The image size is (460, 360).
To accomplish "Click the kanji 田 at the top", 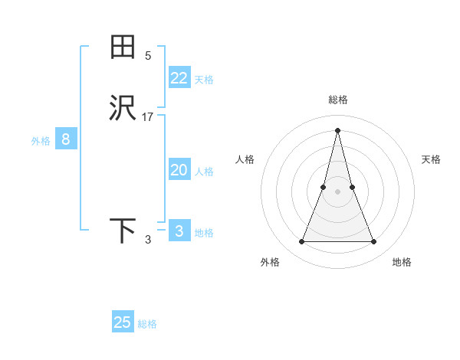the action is coord(123,47).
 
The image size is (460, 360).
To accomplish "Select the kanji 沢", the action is coord(123,109).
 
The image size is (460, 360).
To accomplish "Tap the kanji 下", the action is coord(123,231).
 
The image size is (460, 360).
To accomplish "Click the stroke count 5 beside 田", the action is coord(148,56).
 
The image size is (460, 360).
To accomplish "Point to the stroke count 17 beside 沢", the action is coord(148,117).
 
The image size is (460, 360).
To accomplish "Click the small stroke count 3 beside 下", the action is coord(148,240).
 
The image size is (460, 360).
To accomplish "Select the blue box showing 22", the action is coord(179,78).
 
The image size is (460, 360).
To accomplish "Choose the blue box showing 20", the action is coord(179,170).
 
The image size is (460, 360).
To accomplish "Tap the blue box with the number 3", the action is coord(179,231).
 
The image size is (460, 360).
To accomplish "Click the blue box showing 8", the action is coord(66,139).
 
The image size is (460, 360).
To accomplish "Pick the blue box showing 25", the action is coord(123,322).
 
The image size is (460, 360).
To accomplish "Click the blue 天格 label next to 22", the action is coord(204,80).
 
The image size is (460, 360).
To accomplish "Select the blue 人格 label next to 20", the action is coord(204,172).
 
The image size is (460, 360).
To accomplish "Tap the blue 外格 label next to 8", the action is coord(41,141).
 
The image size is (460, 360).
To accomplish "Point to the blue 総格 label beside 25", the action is coord(147,324).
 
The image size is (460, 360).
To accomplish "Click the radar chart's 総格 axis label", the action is coord(337,100).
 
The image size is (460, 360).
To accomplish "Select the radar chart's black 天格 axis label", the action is coord(431,159).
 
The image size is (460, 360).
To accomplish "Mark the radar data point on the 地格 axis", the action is coord(374,242).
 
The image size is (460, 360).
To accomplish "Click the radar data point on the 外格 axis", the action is coord(301,242).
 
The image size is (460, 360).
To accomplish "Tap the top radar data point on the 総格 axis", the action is coord(337,129).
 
